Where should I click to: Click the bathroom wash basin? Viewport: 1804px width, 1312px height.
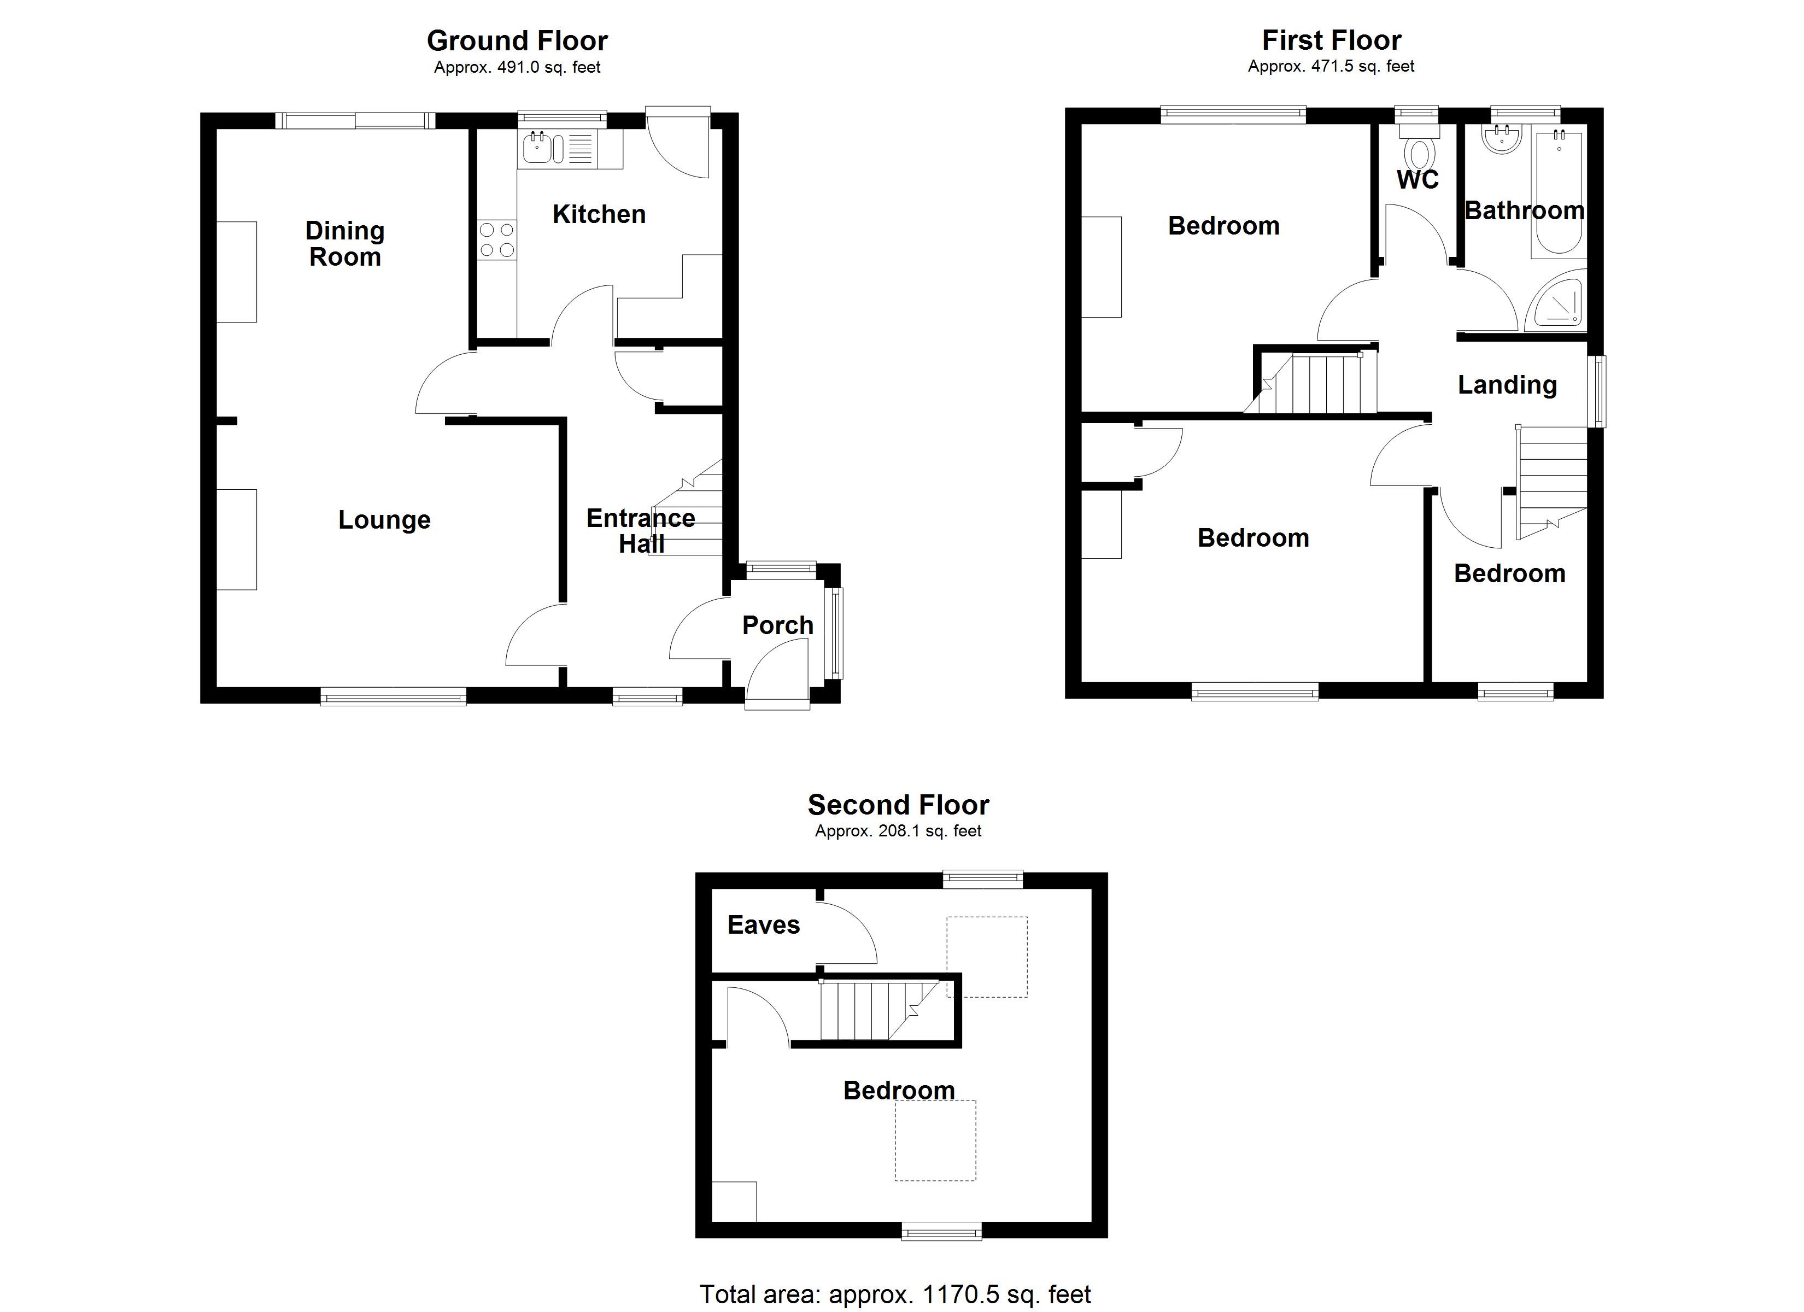pyautogui.click(x=1502, y=140)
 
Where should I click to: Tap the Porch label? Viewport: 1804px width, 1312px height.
pyautogui.click(x=777, y=625)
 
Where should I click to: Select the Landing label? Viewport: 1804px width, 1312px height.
pyautogui.click(x=1507, y=385)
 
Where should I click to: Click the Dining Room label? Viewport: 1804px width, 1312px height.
pyautogui.click(x=345, y=243)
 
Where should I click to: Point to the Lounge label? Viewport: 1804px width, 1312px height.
pyautogui.click(x=384, y=519)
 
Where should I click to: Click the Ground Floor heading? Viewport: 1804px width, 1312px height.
pyautogui.click(x=517, y=40)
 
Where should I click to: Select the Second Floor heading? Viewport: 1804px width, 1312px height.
pyautogui.click(x=898, y=805)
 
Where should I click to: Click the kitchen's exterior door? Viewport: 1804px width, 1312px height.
pyautogui.click(x=677, y=143)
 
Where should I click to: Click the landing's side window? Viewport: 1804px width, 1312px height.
pyautogui.click(x=1596, y=391)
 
